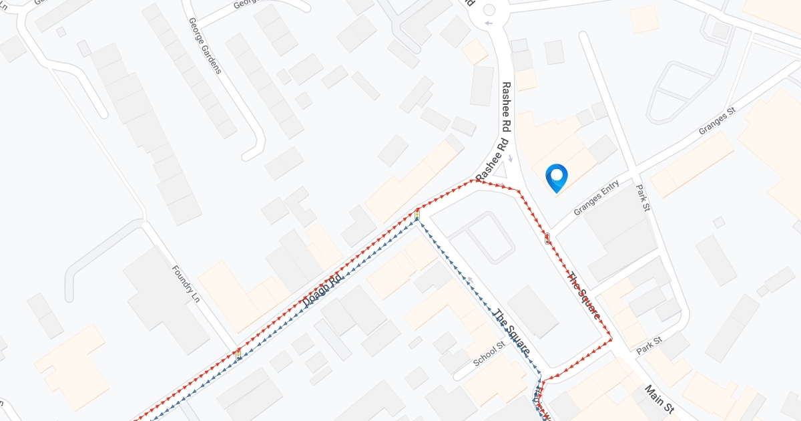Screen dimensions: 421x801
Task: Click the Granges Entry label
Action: click(597, 198)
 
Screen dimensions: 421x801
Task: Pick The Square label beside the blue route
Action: click(511, 332)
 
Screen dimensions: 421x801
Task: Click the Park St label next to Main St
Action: click(648, 345)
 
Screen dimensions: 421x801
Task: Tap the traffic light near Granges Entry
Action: click(547, 238)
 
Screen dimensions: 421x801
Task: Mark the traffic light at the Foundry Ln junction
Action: click(238, 352)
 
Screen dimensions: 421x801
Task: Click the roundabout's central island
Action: click(489, 9)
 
